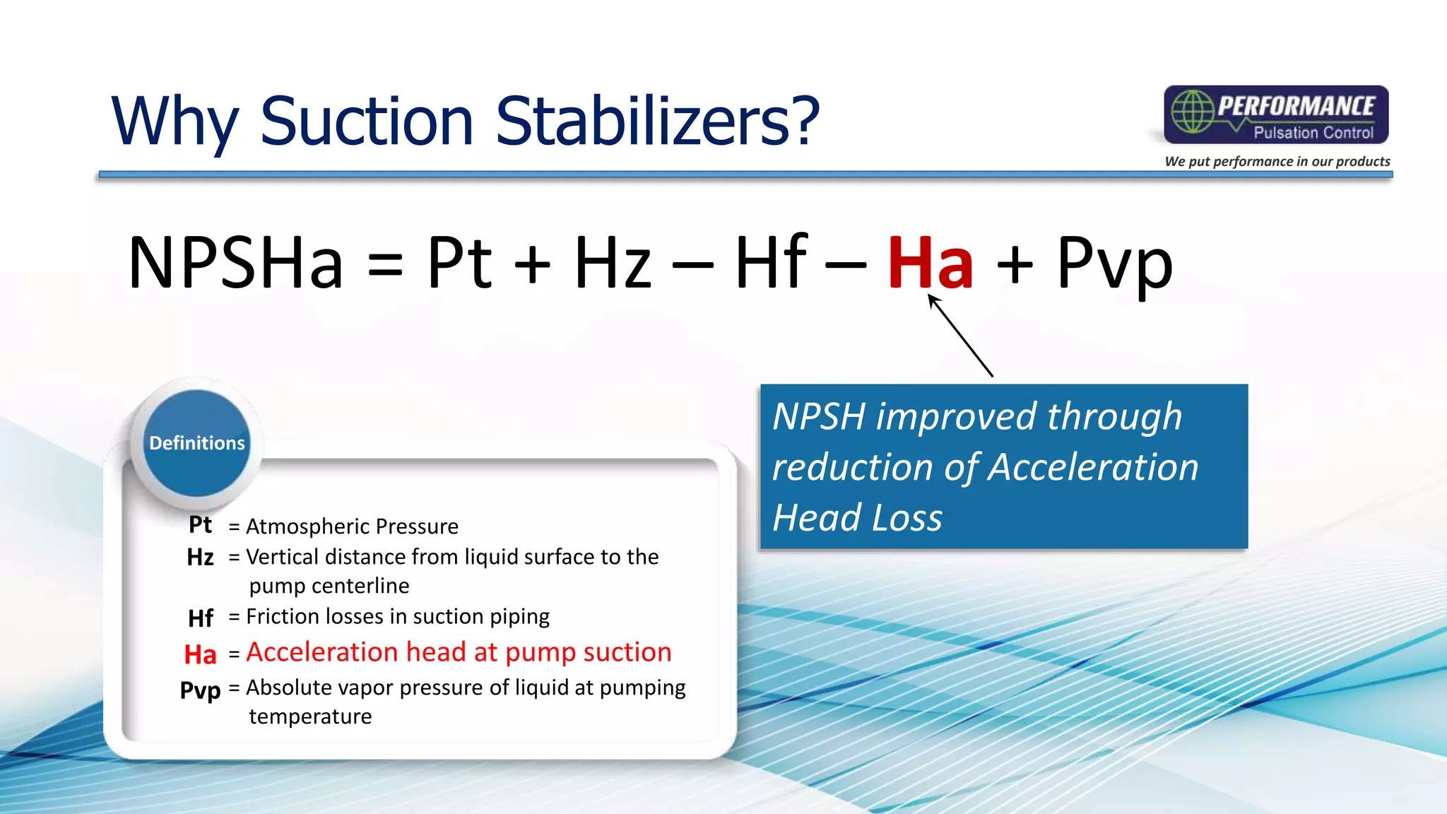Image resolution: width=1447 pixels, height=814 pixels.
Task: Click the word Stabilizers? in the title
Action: pyautogui.click(x=657, y=122)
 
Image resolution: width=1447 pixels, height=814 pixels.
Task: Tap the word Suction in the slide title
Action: pyautogui.click(x=366, y=122)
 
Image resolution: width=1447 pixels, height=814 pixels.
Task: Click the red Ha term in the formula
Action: pyautogui.click(x=930, y=263)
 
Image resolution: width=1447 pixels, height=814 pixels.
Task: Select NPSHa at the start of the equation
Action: pyautogui.click(x=235, y=263)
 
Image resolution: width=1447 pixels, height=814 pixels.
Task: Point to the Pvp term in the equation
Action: pyautogui.click(x=1114, y=263)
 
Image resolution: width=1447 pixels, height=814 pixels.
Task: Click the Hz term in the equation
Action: pyautogui.click(x=613, y=263)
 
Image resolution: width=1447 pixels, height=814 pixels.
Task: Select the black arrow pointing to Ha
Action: pyautogui.click(x=961, y=336)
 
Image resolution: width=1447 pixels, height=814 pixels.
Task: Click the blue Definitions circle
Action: pyautogui.click(x=197, y=443)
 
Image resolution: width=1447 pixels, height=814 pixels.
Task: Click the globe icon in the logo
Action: pyautogui.click(x=1193, y=112)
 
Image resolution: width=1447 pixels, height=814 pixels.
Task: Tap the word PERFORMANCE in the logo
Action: pyautogui.click(x=1296, y=106)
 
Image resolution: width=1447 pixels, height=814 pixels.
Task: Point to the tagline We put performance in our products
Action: pyautogui.click(x=1277, y=162)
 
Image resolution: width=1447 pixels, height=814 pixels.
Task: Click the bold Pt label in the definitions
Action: pyautogui.click(x=200, y=525)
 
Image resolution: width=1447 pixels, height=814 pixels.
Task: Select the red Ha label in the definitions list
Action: pyautogui.click(x=200, y=654)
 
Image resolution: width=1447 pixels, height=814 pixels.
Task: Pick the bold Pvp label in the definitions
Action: pyautogui.click(x=200, y=690)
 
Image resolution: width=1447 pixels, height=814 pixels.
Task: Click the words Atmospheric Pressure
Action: pyautogui.click(x=352, y=526)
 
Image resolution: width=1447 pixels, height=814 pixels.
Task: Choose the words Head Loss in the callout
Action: pyautogui.click(x=857, y=518)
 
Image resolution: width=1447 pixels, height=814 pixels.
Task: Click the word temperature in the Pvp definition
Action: pyautogui.click(x=310, y=716)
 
